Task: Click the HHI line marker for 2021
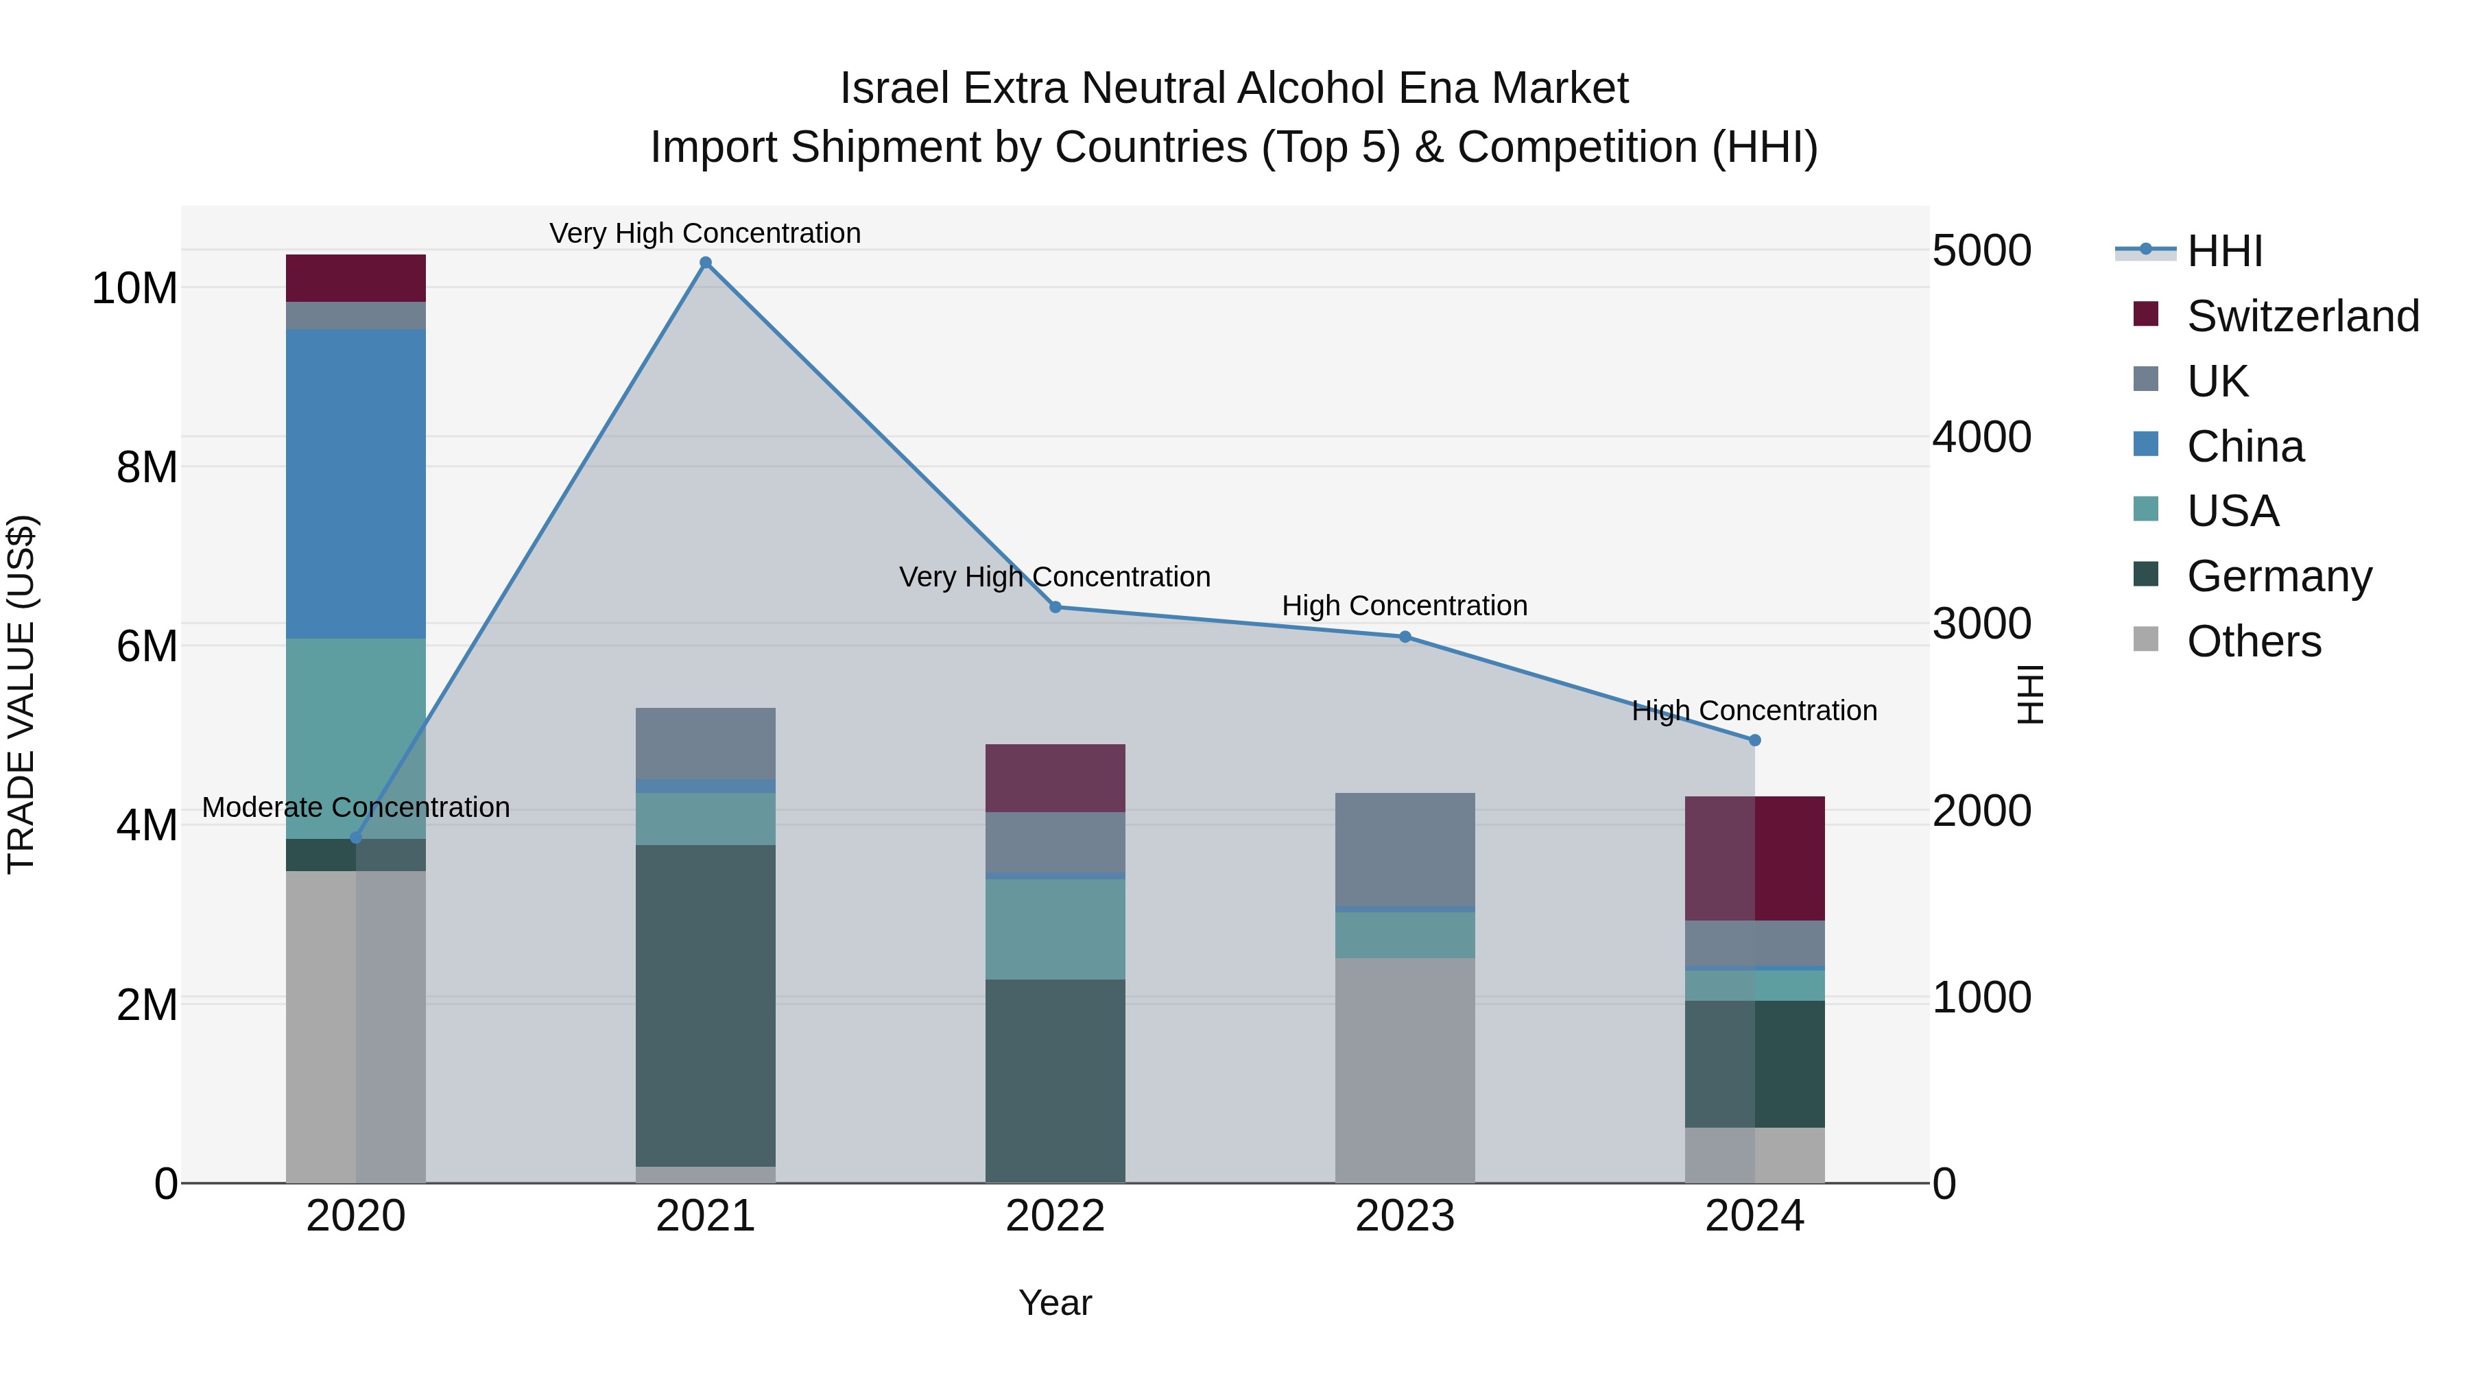pos(706,263)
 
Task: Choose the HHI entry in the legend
pos(2223,251)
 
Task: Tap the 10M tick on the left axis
pos(134,287)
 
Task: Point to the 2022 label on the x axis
pos(1055,1216)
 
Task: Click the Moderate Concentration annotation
pos(355,807)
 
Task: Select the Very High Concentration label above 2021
pos(706,233)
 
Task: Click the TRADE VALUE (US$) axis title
pos(21,694)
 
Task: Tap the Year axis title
pos(1055,1303)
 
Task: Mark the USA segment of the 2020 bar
pos(355,738)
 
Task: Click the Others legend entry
pos(2252,641)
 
